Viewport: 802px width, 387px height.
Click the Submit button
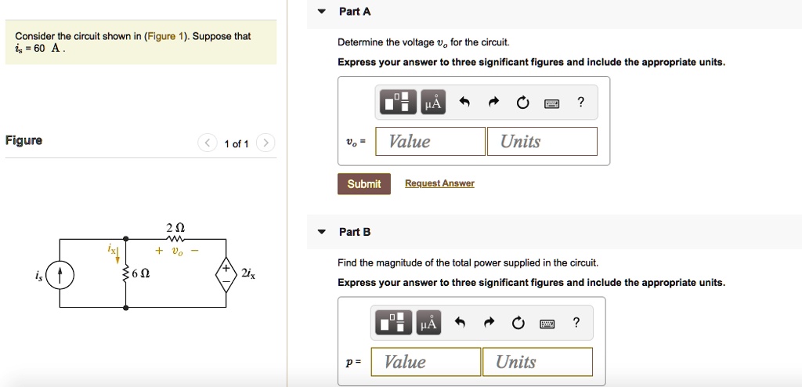364,184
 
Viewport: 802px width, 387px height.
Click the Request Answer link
439,184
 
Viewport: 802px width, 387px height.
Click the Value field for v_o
430,142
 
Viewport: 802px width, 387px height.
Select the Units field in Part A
542,142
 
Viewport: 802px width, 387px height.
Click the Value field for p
431,362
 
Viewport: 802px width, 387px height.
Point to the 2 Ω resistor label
175,227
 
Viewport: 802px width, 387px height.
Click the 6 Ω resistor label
142,274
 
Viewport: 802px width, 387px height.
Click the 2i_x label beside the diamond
248,273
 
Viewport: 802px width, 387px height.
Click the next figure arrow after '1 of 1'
266,143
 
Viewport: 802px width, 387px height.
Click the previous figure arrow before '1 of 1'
208,143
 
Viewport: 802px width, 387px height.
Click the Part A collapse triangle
321,12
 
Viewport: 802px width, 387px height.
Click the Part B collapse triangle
321,232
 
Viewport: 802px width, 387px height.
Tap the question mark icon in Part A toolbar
580,103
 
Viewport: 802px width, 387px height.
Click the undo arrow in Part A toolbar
464,103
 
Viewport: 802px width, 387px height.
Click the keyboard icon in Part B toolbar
547,323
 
